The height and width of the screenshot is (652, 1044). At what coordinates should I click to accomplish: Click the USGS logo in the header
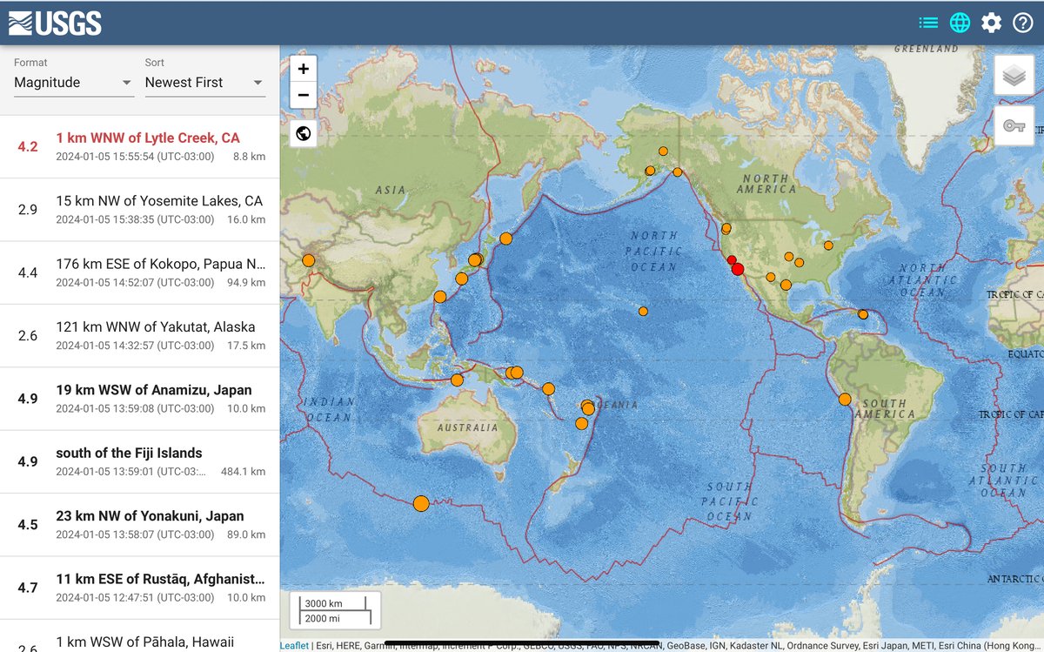(55, 23)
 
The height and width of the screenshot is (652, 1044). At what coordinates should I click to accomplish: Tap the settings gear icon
(992, 23)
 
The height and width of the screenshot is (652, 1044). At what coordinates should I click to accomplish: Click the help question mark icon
(1023, 23)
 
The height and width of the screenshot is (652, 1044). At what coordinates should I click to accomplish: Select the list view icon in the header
(928, 23)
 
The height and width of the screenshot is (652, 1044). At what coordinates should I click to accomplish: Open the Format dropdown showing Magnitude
(73, 83)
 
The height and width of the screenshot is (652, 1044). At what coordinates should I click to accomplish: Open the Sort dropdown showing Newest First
(204, 83)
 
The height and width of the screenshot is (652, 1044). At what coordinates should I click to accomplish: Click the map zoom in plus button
(303, 69)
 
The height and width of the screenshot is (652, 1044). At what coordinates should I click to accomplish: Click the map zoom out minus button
(303, 95)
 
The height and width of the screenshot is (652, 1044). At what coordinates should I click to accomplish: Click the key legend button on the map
(1014, 125)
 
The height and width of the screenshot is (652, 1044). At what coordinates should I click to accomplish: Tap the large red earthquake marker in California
(738, 270)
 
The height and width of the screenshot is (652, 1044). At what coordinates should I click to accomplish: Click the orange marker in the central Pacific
(643, 311)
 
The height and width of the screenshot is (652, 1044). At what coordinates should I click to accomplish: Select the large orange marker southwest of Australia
(421, 503)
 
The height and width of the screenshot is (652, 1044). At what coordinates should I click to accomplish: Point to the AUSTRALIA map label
(467, 427)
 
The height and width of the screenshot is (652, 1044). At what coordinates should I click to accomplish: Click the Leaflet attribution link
(294, 646)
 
